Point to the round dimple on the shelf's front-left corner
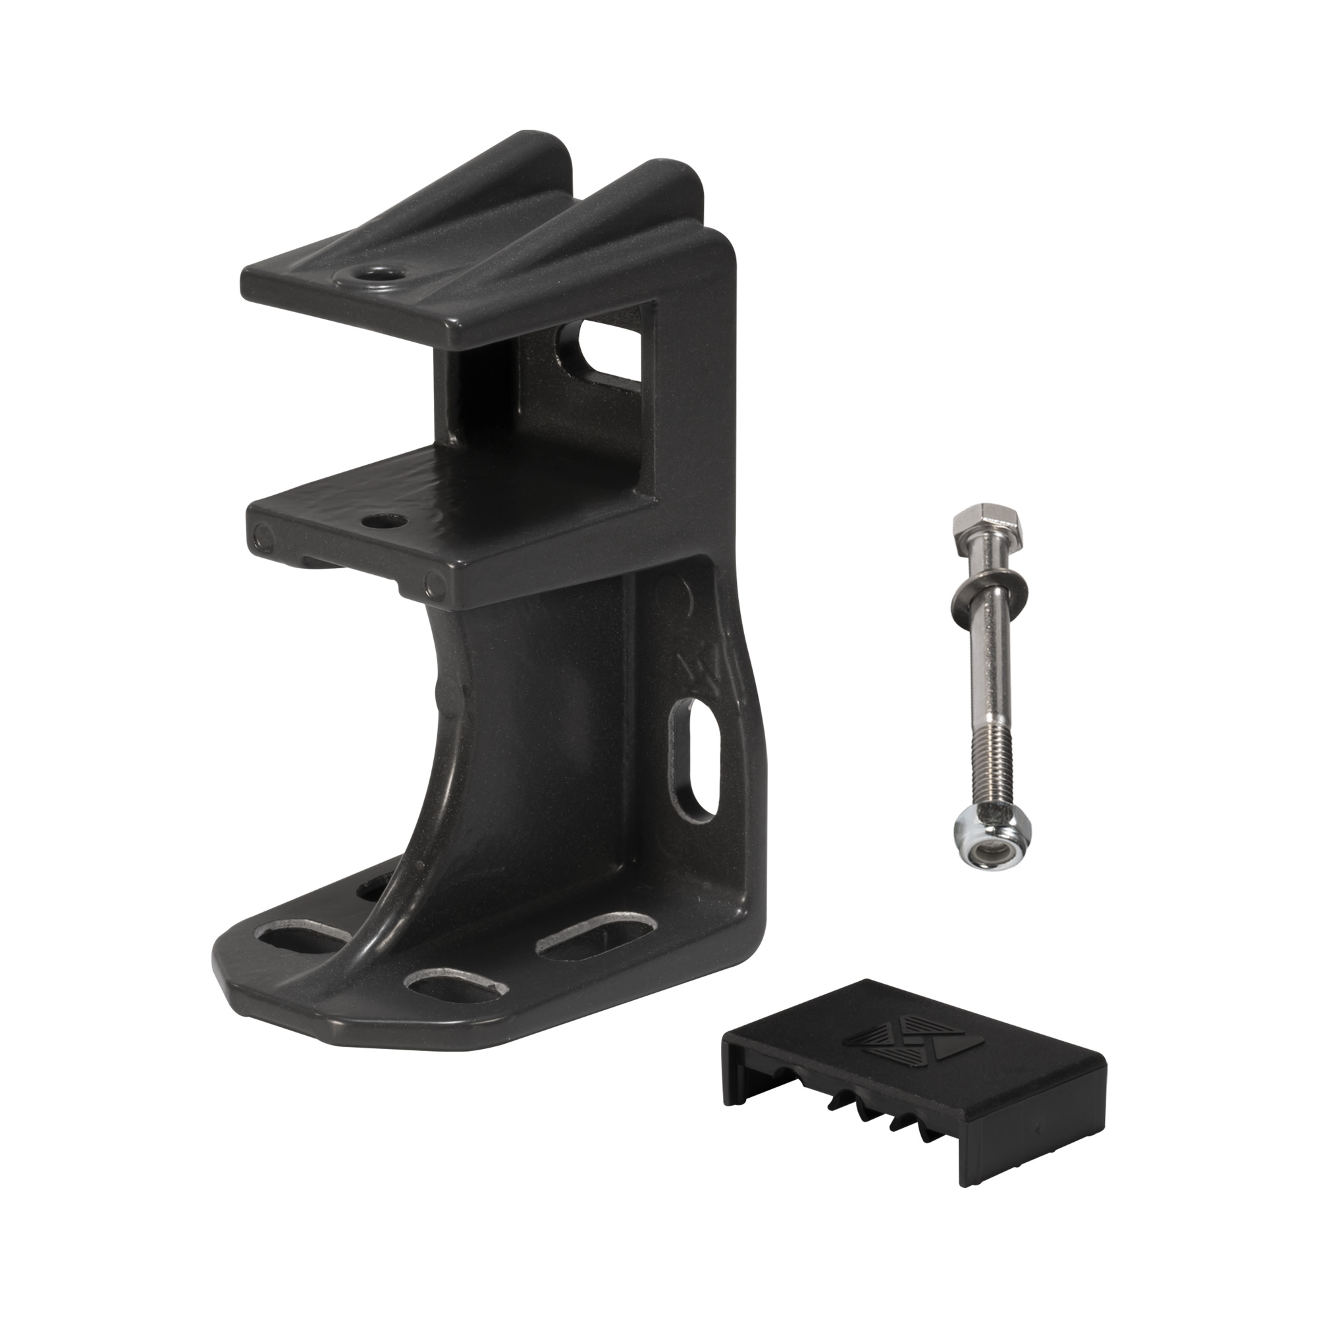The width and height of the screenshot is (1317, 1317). point(261,537)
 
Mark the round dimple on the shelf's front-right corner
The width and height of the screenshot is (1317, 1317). point(432,583)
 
